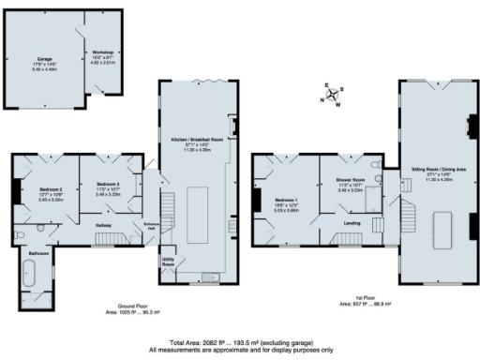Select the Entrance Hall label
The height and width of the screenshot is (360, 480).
coord(152,226)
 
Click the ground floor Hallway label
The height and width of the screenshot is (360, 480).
coord(105,225)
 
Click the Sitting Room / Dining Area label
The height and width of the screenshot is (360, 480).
coord(432,171)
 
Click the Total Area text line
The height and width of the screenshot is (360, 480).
coord(240,343)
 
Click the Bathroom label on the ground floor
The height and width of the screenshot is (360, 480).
coord(38,254)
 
